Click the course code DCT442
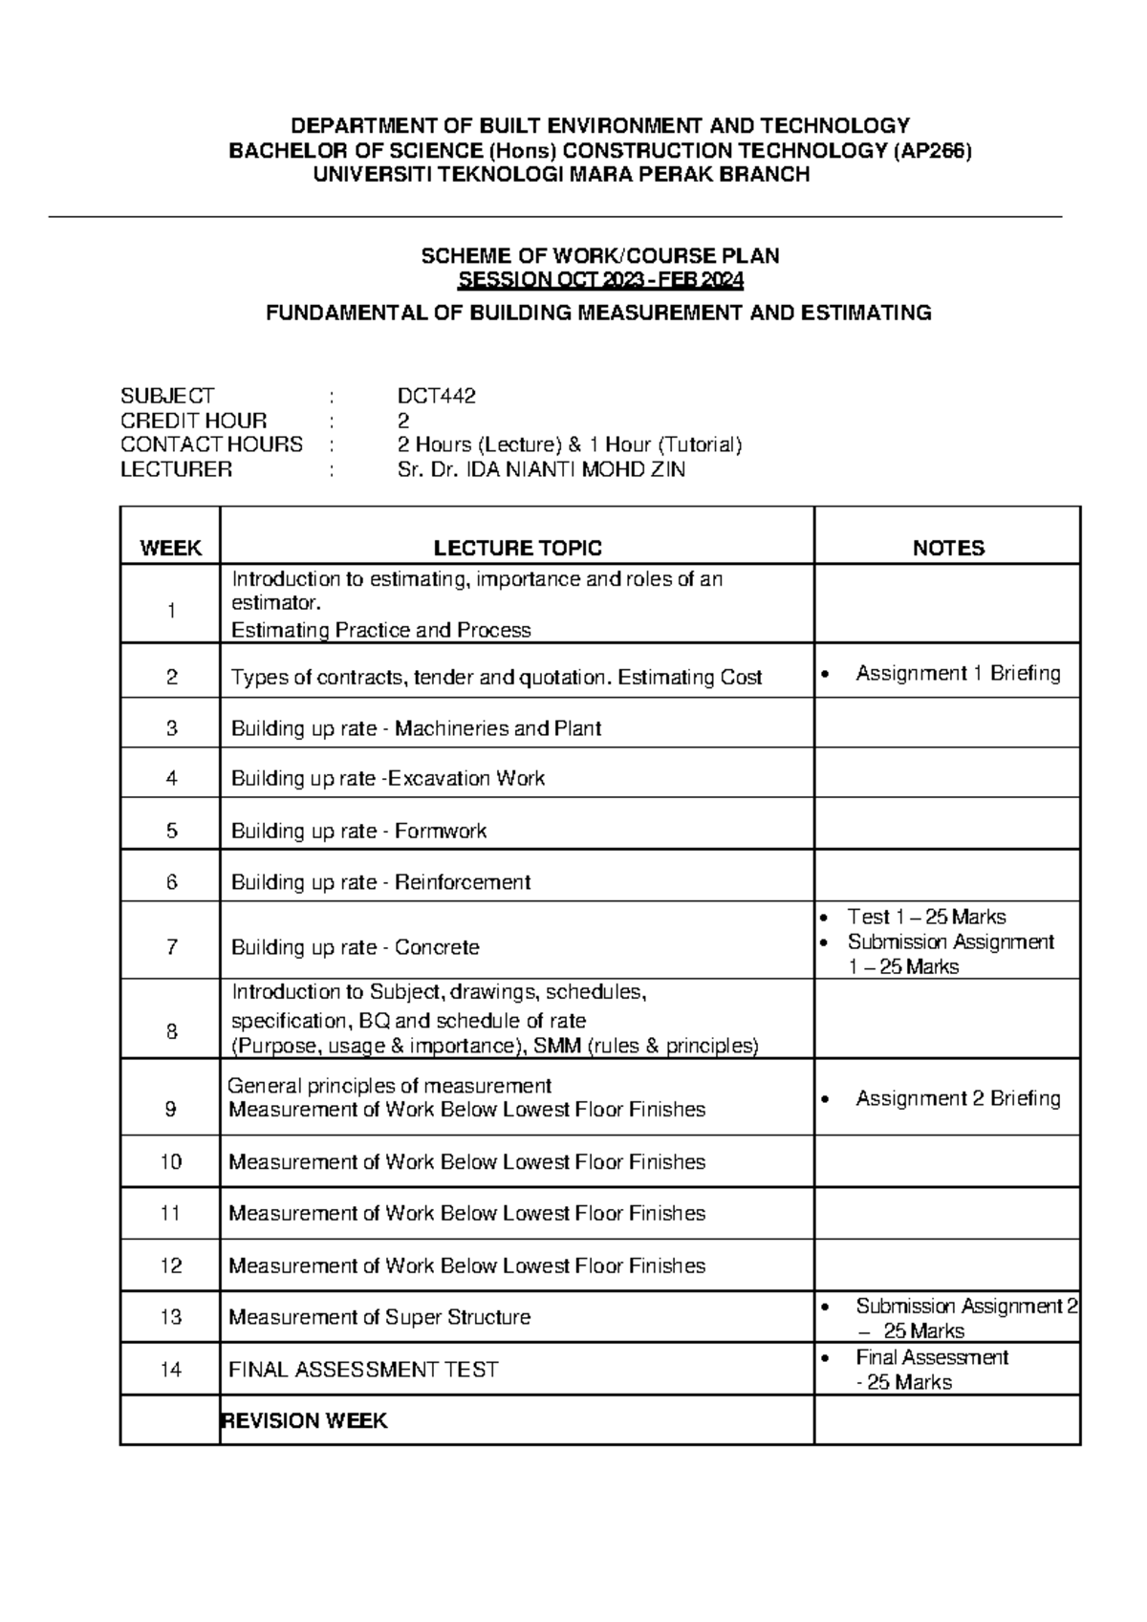(436, 396)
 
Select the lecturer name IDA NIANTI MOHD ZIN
(574, 469)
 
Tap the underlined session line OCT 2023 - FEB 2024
(600, 280)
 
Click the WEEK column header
(170, 548)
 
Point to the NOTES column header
(947, 548)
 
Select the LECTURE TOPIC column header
(517, 548)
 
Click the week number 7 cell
(171, 947)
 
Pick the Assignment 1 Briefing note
(957, 673)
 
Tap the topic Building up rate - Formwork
(358, 831)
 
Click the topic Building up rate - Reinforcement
(380, 881)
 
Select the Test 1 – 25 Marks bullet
(925, 917)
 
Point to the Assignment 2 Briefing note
(957, 1098)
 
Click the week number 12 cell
(171, 1265)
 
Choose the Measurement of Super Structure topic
(379, 1317)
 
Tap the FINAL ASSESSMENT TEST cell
(363, 1370)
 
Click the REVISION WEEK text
(304, 1420)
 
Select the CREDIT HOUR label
(193, 421)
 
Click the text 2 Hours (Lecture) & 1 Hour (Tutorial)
(569, 444)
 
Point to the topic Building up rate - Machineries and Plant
(416, 728)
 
